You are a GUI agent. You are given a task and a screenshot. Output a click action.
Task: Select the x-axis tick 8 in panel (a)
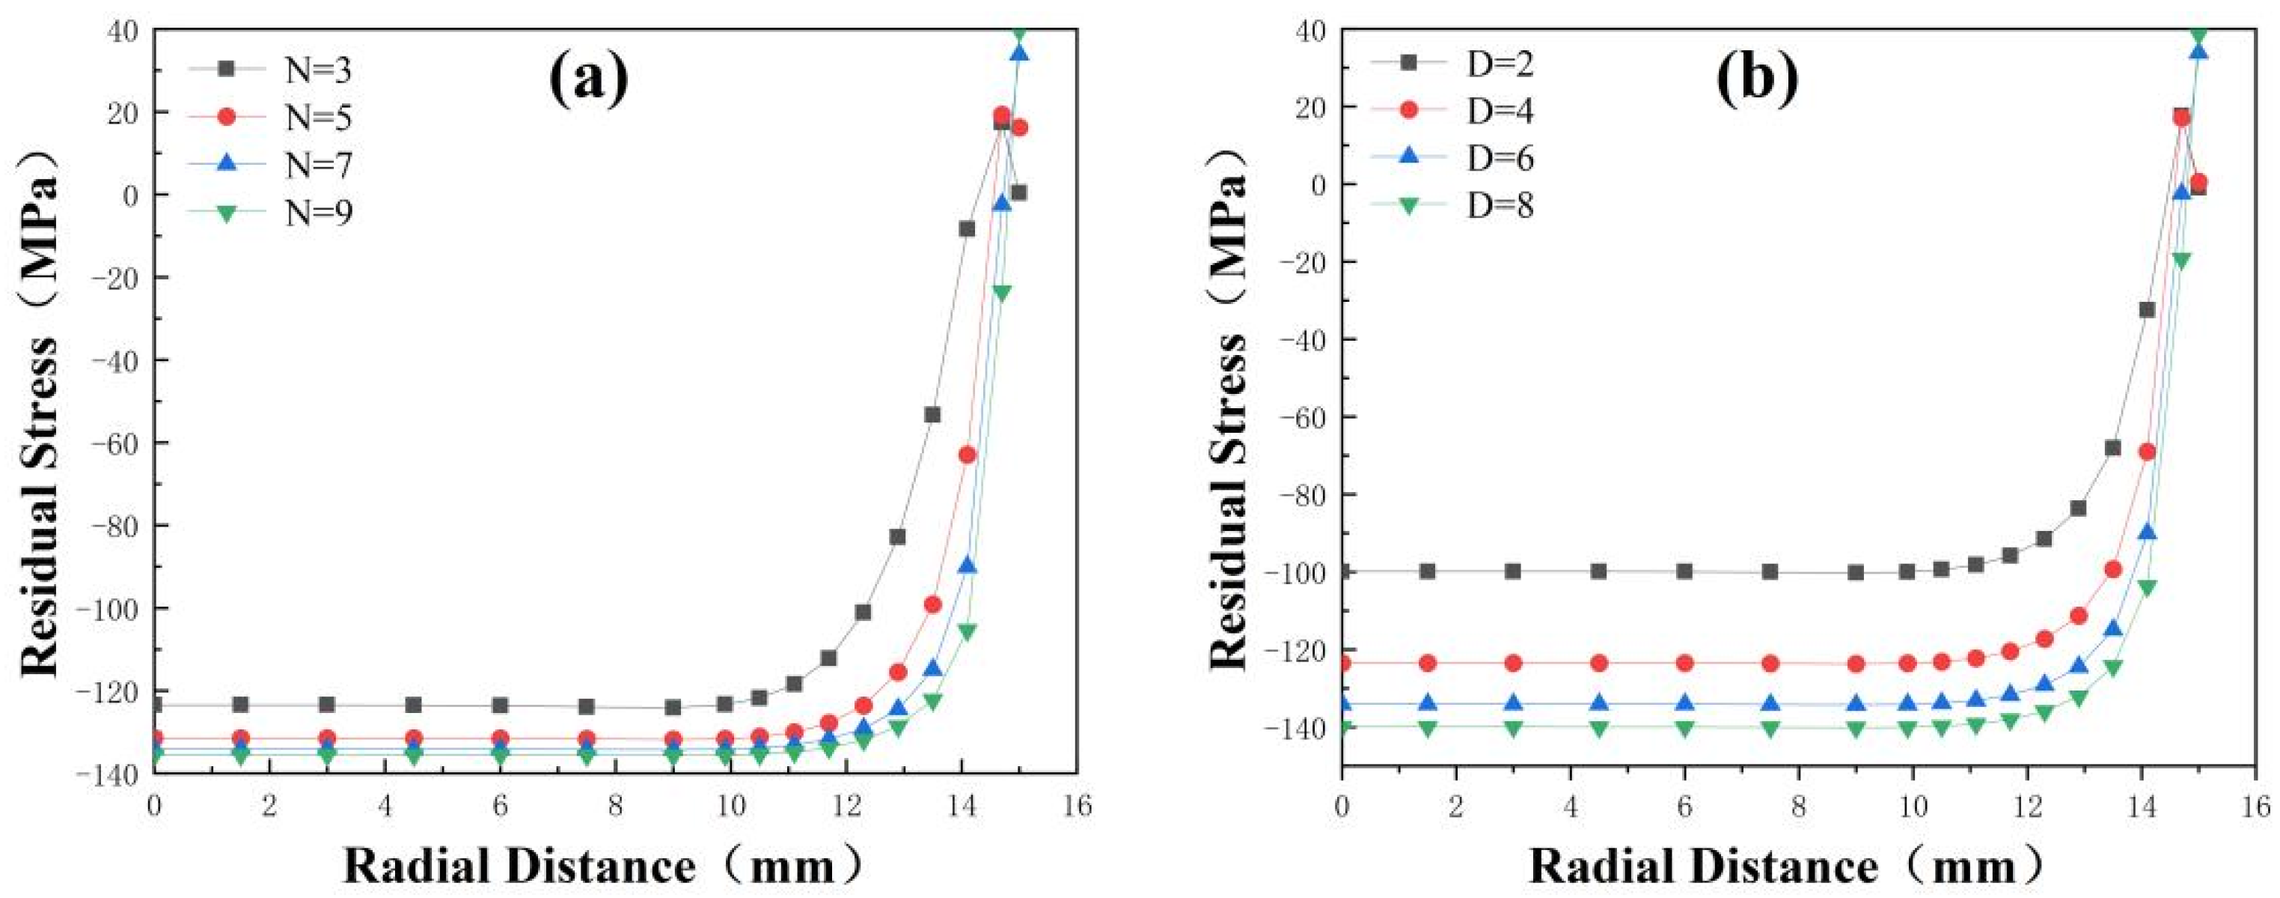click(615, 806)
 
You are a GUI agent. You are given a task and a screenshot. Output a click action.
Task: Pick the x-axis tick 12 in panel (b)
click(2026, 806)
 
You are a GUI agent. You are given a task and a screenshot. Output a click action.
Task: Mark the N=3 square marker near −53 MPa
click(932, 414)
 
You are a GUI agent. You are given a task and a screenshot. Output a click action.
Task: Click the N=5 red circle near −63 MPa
click(968, 455)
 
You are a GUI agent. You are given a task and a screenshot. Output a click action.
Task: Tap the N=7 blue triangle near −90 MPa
click(968, 565)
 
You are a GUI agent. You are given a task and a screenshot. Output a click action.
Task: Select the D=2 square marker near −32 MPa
click(2146, 309)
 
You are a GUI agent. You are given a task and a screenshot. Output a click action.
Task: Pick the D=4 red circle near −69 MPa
click(2146, 452)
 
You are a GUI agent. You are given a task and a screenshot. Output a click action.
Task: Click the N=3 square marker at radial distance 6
click(500, 705)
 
